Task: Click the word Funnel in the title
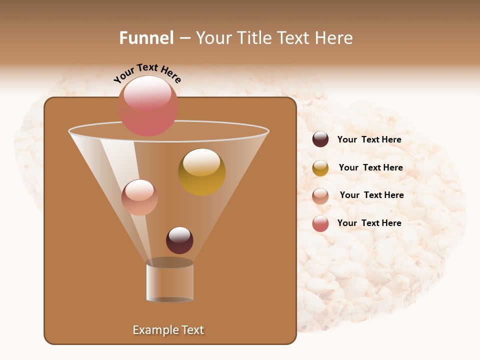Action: click(146, 38)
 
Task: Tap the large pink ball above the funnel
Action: click(147, 106)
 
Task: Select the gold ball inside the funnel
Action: click(202, 172)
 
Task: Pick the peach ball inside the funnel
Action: click(139, 197)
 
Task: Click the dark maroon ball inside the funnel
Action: click(179, 240)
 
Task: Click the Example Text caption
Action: click(168, 330)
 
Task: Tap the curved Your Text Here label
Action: click(147, 73)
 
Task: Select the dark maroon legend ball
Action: click(320, 139)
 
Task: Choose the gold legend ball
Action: click(320, 168)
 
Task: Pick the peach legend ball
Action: click(320, 195)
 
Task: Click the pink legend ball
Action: click(320, 223)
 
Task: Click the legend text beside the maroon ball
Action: click(369, 140)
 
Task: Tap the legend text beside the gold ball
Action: click(370, 168)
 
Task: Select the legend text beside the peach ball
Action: click(371, 195)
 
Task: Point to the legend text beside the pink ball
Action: click(369, 223)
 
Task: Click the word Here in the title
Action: click(334, 38)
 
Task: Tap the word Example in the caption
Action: click(155, 330)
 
